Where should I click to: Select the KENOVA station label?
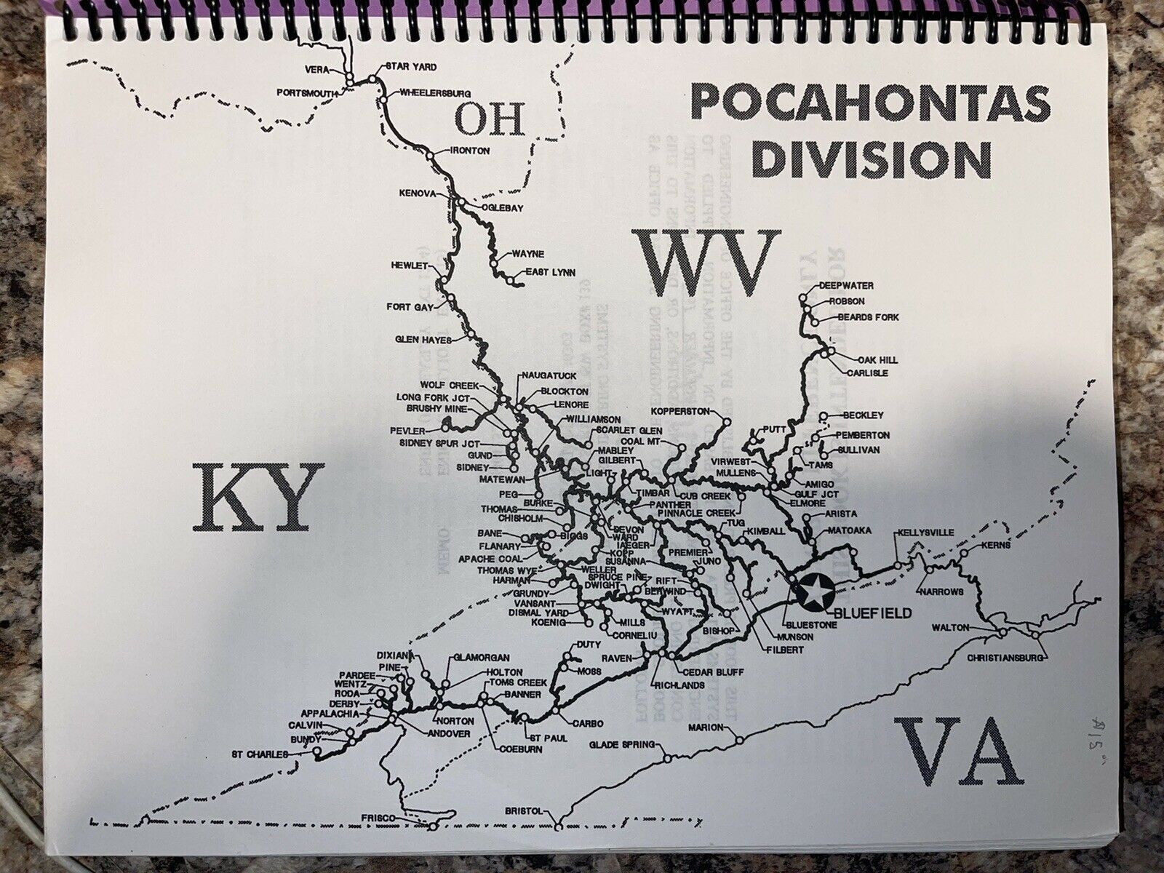(x=417, y=194)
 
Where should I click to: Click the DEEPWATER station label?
(x=846, y=286)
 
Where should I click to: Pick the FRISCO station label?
(x=396, y=818)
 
